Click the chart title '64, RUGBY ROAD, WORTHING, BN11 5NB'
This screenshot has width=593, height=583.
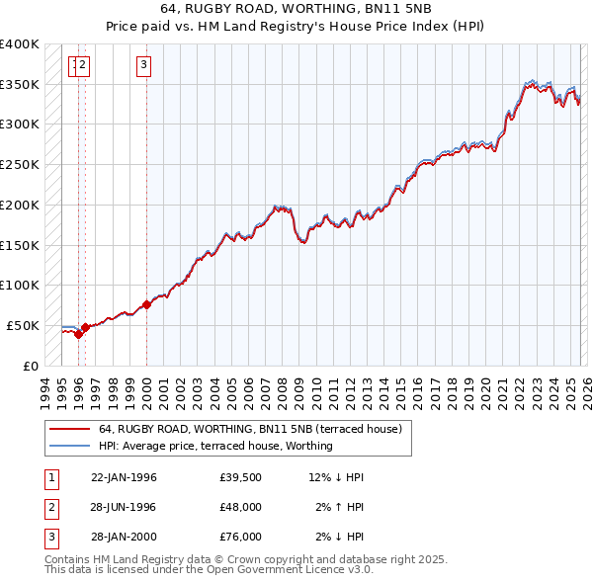(296, 9)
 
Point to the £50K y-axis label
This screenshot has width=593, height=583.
(23, 325)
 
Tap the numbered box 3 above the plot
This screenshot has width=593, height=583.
(143, 66)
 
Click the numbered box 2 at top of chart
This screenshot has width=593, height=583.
(83, 66)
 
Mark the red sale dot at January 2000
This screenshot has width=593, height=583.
(146, 304)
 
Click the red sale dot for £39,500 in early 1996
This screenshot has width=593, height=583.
(78, 334)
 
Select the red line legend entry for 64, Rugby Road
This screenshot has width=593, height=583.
(250, 430)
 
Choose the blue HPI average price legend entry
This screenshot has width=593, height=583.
(215, 446)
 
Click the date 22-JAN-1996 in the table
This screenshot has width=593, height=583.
(124, 477)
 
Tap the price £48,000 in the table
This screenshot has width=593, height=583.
(241, 507)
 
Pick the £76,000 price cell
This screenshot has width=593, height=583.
(241, 537)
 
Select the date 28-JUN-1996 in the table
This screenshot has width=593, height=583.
(124, 507)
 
